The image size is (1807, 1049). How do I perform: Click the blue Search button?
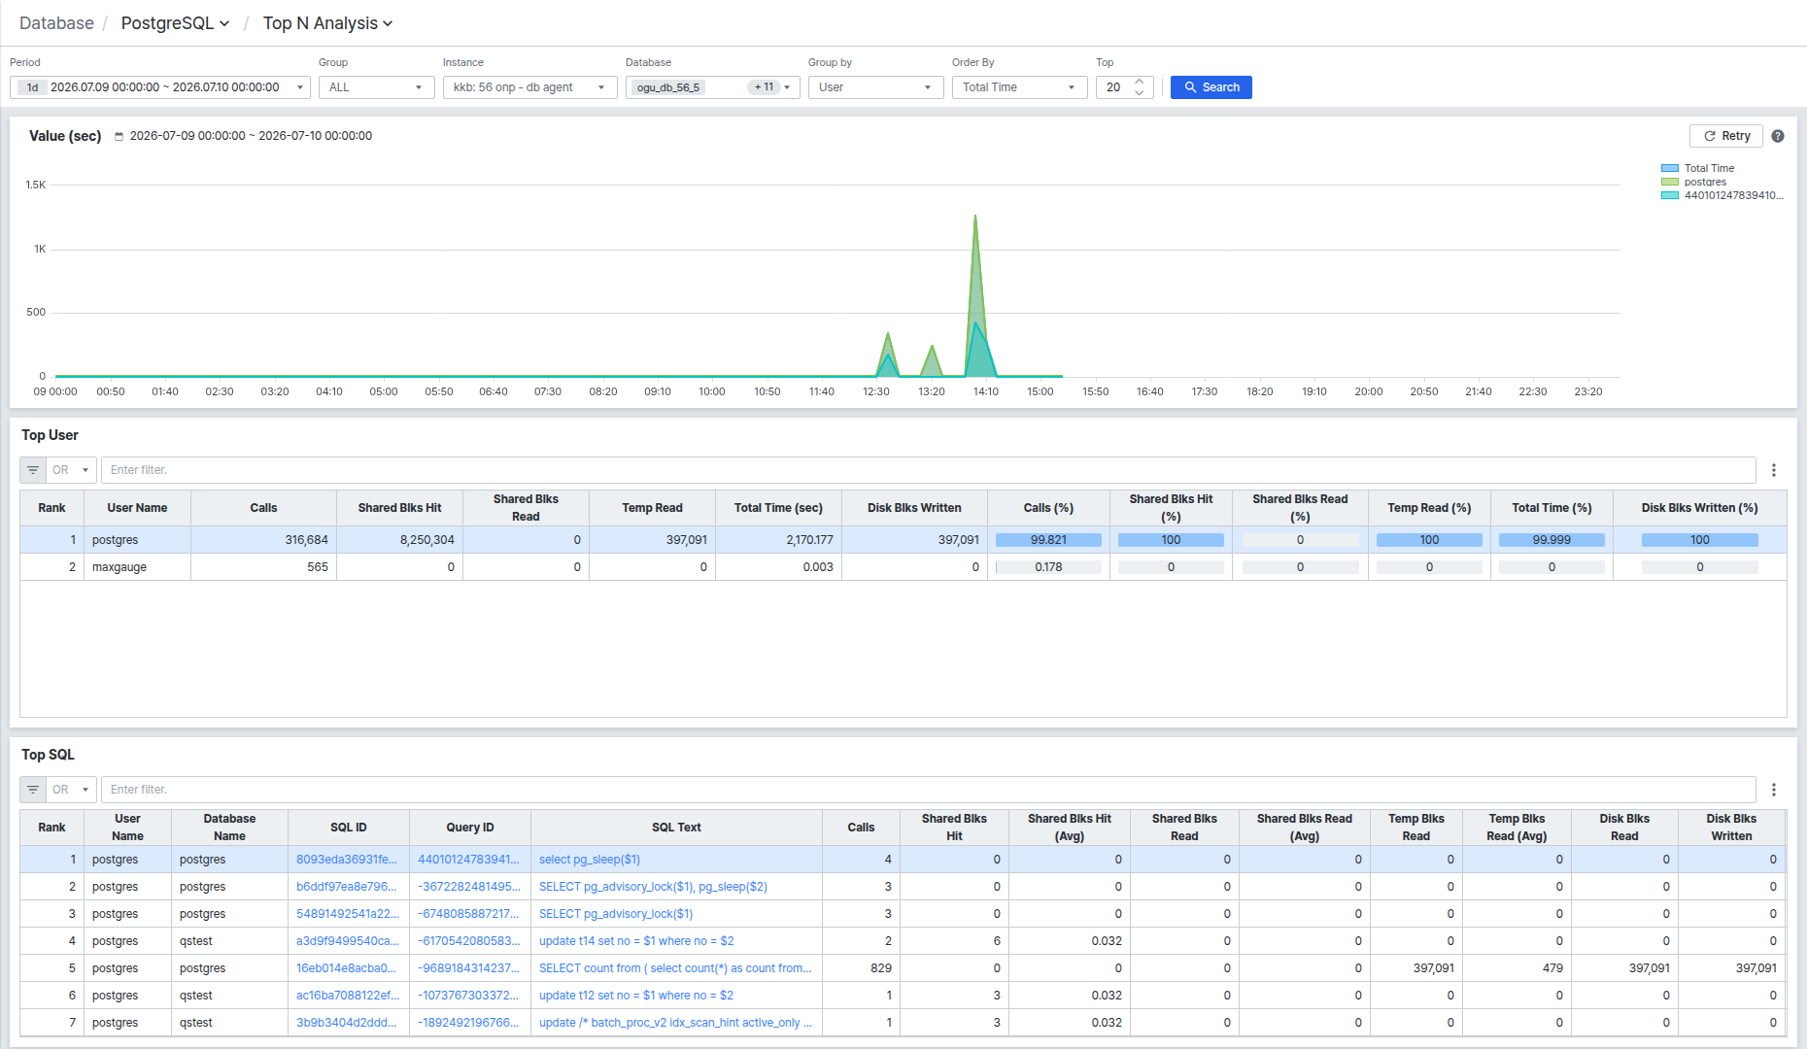[1210, 87]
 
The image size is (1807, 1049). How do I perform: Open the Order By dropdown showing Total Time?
[1019, 87]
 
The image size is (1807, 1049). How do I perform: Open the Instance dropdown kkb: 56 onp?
[529, 87]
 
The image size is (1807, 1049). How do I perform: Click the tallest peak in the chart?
[975, 216]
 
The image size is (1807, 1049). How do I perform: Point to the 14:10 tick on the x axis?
[986, 391]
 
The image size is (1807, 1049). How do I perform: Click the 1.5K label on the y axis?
[36, 185]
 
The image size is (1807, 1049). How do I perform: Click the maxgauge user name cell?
[119, 567]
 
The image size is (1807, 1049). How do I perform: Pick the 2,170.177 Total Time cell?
[809, 540]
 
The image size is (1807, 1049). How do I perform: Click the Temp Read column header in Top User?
[652, 508]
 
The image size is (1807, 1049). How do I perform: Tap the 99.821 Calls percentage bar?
[1048, 540]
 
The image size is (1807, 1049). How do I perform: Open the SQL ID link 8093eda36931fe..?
[347, 860]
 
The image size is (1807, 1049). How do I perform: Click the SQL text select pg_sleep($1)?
[590, 860]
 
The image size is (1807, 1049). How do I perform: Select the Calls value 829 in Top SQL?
[881, 968]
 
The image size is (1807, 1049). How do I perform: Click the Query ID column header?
[470, 828]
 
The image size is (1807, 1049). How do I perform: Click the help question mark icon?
[1778, 136]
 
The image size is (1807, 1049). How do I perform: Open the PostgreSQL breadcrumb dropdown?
[175, 23]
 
